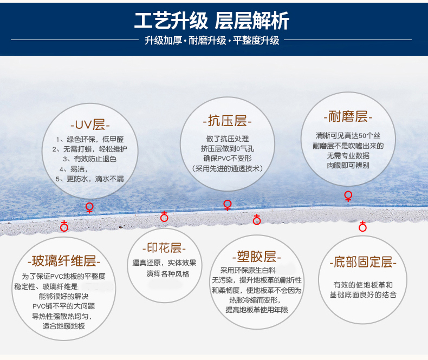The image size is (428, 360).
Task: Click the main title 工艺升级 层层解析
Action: [x=212, y=21]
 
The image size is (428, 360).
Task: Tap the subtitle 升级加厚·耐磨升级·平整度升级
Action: [x=212, y=41]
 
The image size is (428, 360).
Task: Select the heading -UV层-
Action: [x=90, y=125]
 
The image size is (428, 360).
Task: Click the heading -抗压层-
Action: [x=227, y=121]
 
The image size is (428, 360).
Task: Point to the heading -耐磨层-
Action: [x=348, y=116]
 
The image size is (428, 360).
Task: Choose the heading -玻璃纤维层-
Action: [x=64, y=261]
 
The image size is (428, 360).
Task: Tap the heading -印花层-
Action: [x=164, y=247]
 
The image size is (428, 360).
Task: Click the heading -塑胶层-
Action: [x=257, y=257]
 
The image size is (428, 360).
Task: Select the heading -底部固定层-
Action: [x=363, y=262]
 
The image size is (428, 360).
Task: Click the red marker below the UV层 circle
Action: [x=89, y=208]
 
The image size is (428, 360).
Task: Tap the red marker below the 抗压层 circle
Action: [x=228, y=205]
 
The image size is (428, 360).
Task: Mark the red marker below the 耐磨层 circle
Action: [x=348, y=196]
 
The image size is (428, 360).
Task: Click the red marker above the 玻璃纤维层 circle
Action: [x=64, y=226]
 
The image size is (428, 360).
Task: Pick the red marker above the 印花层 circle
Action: [x=164, y=217]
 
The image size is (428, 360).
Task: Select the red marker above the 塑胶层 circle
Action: [x=257, y=219]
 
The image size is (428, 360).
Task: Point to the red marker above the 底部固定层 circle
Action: [x=362, y=226]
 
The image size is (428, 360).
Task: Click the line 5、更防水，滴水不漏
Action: [x=90, y=179]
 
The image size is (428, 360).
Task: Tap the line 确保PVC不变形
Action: [x=228, y=159]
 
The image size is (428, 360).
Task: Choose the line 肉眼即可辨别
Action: [x=348, y=165]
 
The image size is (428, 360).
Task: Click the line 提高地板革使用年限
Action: [x=257, y=310]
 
